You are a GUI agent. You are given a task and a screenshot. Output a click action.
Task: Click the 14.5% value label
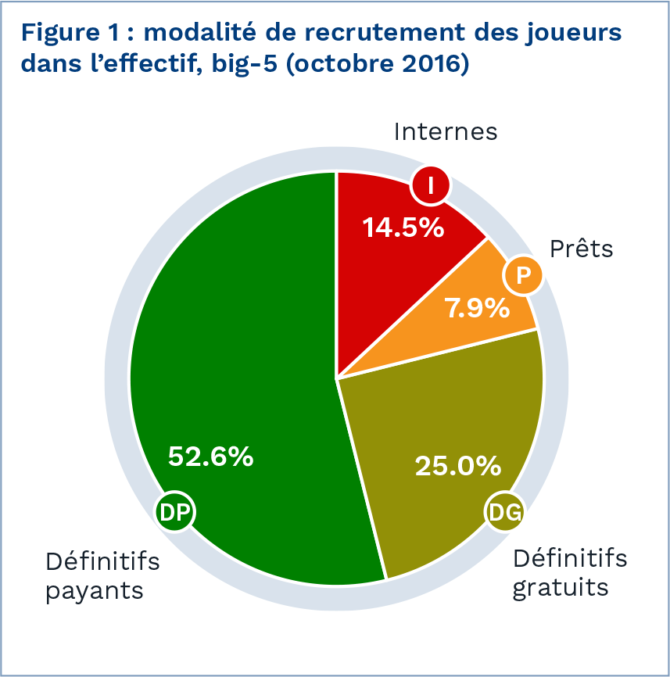coord(403,227)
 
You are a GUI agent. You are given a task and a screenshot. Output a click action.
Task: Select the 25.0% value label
coord(457,466)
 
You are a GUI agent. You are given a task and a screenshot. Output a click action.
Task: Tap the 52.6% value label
coord(211,456)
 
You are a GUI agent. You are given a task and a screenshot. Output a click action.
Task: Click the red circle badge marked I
coord(430,186)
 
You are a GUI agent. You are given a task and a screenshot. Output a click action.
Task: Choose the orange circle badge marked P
coord(522,275)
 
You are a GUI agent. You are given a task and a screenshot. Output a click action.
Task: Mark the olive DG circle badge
coord(504,512)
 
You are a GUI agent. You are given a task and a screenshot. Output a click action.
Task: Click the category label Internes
coord(446,131)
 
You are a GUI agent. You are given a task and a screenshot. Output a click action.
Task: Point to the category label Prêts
coord(582,249)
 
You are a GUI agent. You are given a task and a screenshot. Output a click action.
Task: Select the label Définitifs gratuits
coord(569,573)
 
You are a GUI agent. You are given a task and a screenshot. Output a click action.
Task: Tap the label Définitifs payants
coord(102,575)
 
